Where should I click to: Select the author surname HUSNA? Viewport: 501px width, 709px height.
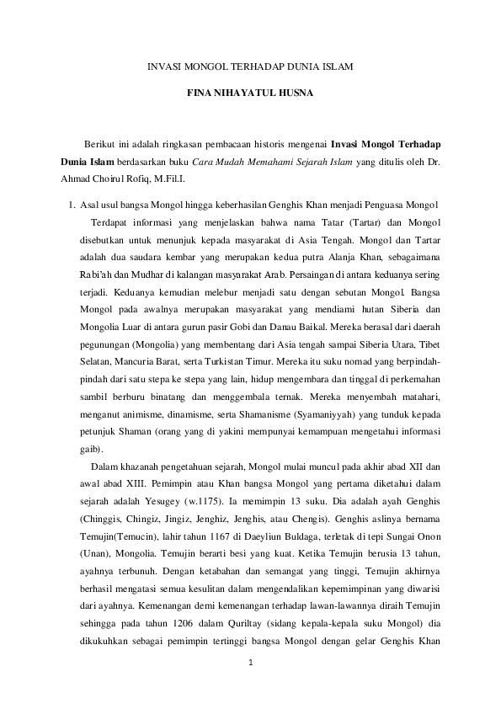tap(293, 95)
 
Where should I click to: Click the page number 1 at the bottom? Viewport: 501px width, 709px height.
tap(250, 664)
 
